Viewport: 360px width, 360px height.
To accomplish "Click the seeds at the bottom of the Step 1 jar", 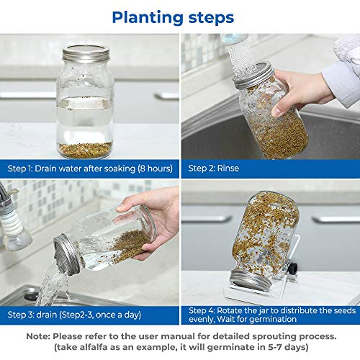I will (85, 150).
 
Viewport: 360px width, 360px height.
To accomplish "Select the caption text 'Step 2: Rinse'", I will (214, 168).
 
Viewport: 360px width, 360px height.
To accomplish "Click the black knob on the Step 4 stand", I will (294, 267).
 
